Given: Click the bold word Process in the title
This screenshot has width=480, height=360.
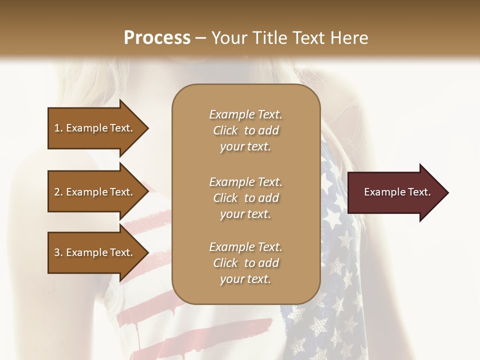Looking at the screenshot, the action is coord(157,37).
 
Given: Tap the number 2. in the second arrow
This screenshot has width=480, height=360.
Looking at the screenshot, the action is coord(58,192).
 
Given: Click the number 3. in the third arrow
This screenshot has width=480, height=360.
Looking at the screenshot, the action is coord(58,252).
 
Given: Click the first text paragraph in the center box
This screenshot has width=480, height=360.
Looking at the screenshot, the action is coord(245,130).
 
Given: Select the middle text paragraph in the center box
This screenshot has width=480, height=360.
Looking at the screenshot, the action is coord(245,198).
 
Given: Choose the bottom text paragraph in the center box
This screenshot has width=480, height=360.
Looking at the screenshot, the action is coord(245,263).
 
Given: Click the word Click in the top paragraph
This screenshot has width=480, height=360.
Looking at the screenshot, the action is coord(225,130).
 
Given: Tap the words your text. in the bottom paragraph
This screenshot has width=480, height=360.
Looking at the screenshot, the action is coord(245,279).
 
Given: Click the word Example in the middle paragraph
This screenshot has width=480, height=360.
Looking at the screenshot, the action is coord(231,182).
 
